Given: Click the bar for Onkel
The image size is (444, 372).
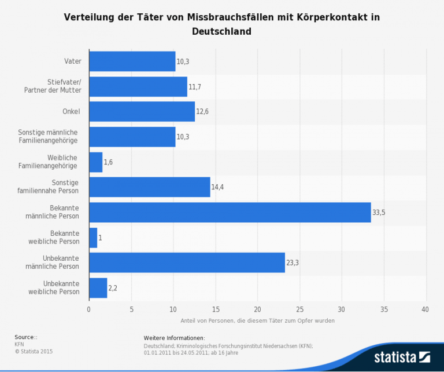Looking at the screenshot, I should [x=142, y=111].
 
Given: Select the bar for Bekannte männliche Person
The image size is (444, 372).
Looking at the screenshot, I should [x=230, y=212].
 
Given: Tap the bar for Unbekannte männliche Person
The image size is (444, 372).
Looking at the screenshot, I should [x=187, y=262].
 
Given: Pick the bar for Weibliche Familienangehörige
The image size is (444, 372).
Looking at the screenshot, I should [x=95, y=162].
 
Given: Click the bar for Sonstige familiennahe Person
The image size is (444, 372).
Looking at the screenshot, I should [x=149, y=187].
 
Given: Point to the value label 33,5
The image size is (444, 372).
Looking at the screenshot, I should [x=379, y=213].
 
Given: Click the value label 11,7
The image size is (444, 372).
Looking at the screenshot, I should [x=195, y=86].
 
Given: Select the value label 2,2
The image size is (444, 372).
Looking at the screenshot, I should [x=113, y=288].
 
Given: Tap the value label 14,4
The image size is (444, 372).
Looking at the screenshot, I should [x=218, y=187].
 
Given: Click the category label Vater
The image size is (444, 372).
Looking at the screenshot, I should [x=72, y=61].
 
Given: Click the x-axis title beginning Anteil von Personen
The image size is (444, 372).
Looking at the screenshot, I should [x=257, y=320].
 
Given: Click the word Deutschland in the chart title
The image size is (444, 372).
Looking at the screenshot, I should [x=221, y=31].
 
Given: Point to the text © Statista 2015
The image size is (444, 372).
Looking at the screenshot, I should [x=34, y=351].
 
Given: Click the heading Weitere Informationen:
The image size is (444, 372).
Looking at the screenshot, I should [x=174, y=338].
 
